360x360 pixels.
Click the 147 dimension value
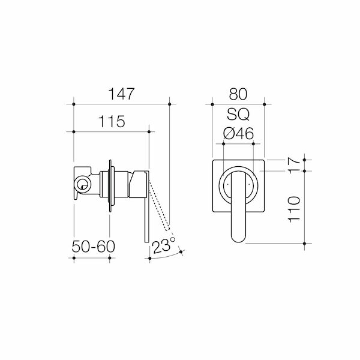pos(121,94)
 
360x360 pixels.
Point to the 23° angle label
pos(163,246)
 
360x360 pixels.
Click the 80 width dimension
pos(238,94)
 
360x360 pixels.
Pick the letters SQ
pos(238,114)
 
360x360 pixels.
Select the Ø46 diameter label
pos(238,134)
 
